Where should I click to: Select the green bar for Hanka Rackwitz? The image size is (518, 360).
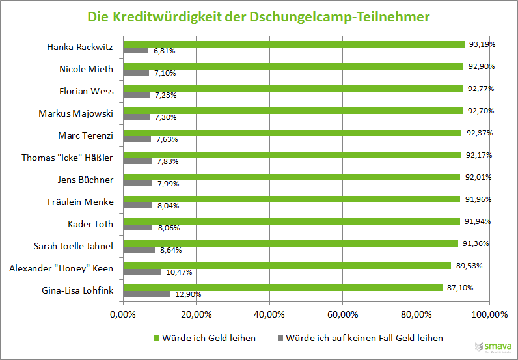[x=293, y=44]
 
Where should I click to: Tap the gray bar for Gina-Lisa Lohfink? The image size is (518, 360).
[x=146, y=294]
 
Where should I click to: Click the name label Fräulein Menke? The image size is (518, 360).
[x=81, y=202]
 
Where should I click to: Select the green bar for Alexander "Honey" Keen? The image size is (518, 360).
[x=286, y=266]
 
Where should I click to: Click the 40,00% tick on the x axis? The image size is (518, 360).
[x=269, y=315]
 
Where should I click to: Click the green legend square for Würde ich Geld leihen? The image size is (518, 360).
[x=156, y=338]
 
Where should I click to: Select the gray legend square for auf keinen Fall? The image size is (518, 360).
[x=281, y=338]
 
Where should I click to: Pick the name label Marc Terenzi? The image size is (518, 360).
[x=86, y=135]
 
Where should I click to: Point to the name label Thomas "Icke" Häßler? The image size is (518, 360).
[x=68, y=158]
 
